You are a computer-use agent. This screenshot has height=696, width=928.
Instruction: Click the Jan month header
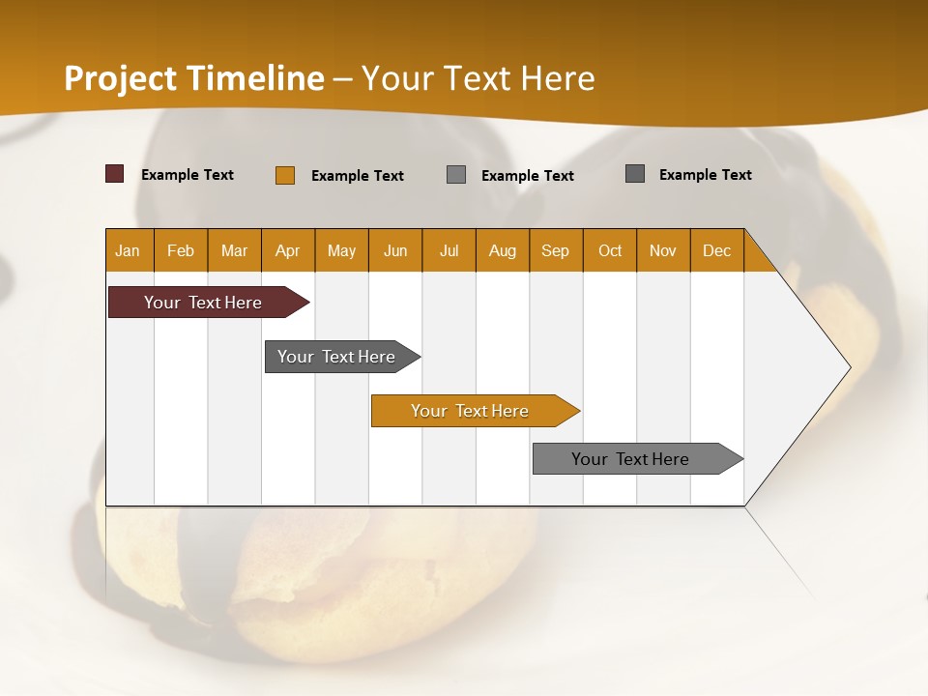coord(129,250)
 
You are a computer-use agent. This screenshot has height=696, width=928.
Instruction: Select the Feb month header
coord(181,250)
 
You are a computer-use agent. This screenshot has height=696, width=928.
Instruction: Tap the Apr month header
coord(288,250)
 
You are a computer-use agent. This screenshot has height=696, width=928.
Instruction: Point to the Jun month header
coord(395,250)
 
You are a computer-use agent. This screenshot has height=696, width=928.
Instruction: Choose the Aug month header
coord(503,250)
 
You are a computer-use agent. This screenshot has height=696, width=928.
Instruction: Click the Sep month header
coord(556,250)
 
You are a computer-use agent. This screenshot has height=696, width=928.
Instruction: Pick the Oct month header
coord(610,250)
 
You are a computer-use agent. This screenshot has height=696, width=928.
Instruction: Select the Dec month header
coord(717,250)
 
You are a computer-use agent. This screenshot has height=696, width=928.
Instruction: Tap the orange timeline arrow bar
coord(472,411)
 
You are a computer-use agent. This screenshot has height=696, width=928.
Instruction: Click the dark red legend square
coord(115,174)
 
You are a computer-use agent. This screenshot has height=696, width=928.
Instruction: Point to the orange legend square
coord(285,175)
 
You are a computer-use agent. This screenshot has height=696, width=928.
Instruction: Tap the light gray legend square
coord(456,175)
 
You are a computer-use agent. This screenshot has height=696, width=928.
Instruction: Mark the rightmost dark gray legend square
coord(635,174)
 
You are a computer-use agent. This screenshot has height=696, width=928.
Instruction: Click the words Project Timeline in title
coord(194,78)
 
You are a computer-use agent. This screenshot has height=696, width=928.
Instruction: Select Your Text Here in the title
coord(478,78)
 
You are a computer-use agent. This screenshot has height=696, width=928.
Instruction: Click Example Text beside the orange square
coord(358,176)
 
